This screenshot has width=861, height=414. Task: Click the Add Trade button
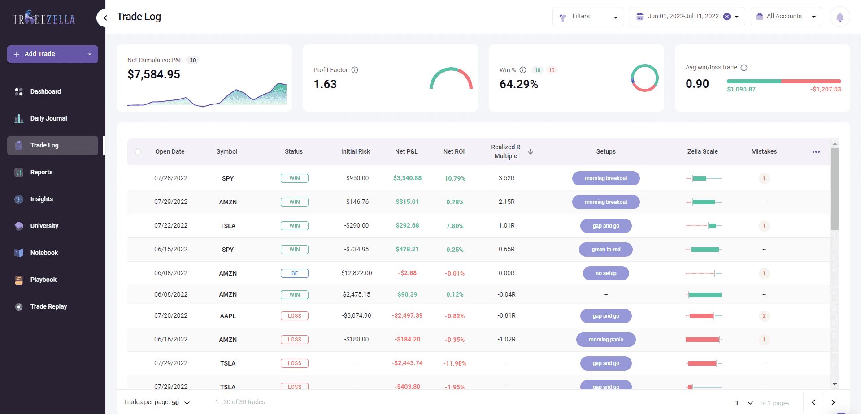(40, 54)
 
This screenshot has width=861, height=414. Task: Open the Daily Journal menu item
(48, 118)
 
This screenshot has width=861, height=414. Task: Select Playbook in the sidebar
(43, 280)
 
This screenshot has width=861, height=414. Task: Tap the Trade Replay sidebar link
(48, 306)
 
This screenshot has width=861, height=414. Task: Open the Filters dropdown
(588, 17)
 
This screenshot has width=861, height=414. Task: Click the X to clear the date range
(727, 17)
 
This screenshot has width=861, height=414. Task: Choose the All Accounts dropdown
(786, 17)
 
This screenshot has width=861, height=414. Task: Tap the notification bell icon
(839, 17)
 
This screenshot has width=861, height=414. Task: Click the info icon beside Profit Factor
(355, 70)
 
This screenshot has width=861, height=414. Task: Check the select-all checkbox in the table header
(138, 152)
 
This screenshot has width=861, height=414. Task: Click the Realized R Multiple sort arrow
(531, 152)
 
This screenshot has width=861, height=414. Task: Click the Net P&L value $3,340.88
(407, 178)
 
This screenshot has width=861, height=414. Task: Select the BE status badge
(294, 273)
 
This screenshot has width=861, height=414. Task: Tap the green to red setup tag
(605, 250)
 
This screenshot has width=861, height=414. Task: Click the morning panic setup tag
(605, 340)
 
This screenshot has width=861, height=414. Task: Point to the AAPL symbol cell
(228, 316)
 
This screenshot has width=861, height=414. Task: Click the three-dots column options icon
(816, 152)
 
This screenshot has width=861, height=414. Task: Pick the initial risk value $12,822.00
(357, 273)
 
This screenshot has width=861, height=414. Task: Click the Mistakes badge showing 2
(764, 316)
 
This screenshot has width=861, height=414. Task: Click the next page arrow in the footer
(833, 402)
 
